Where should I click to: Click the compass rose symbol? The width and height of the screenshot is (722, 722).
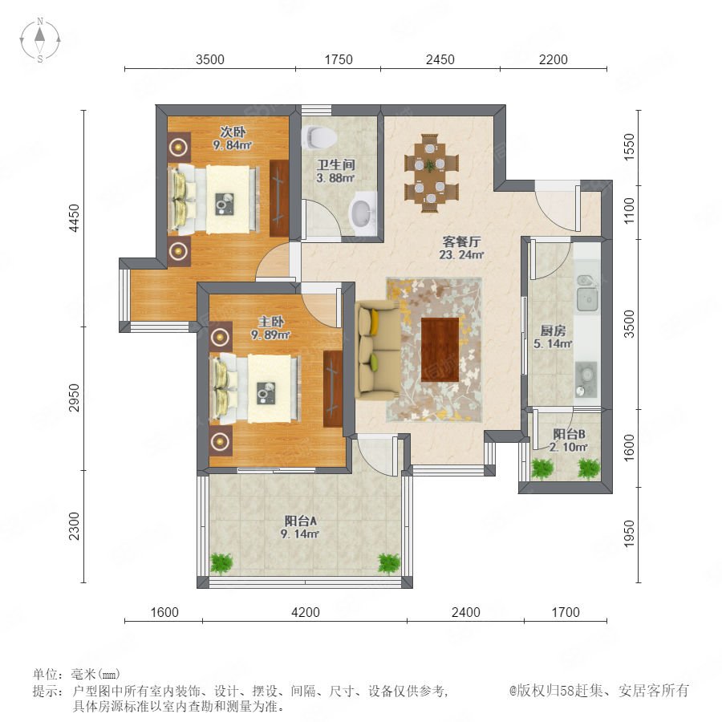[x=40, y=40]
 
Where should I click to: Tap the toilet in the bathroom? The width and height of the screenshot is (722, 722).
[x=319, y=136]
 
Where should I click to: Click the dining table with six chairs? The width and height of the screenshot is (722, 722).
[x=432, y=173]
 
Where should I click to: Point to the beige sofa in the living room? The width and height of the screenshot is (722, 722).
[x=377, y=349]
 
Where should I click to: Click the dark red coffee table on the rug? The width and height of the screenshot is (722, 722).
[x=440, y=350]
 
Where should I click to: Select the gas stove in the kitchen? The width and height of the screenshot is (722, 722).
[x=586, y=379]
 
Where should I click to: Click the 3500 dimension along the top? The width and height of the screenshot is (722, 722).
[x=210, y=59]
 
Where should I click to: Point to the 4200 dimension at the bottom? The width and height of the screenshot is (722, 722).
[x=306, y=612]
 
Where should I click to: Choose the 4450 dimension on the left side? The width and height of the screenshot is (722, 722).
[x=74, y=218]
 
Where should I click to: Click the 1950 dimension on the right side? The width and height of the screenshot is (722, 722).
[x=628, y=534]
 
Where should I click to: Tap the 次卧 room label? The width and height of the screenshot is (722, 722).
[x=233, y=132]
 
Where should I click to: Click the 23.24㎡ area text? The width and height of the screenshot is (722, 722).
[x=461, y=254]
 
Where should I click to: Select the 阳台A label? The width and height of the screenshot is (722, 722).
[x=300, y=521]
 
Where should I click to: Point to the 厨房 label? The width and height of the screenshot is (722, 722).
[x=553, y=331]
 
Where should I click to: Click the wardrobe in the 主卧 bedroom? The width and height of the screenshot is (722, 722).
[x=333, y=388]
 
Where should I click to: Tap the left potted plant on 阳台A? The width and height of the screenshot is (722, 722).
[x=221, y=563]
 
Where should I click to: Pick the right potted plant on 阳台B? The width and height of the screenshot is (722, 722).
[x=589, y=469]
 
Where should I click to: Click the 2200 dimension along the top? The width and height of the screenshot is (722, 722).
[x=553, y=59]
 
